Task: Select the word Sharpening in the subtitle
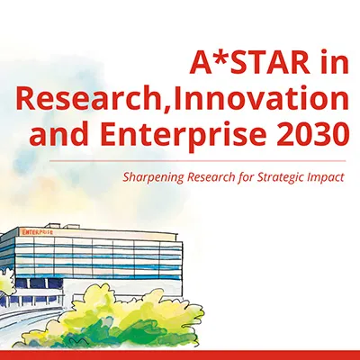152,177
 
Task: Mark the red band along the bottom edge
180,354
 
